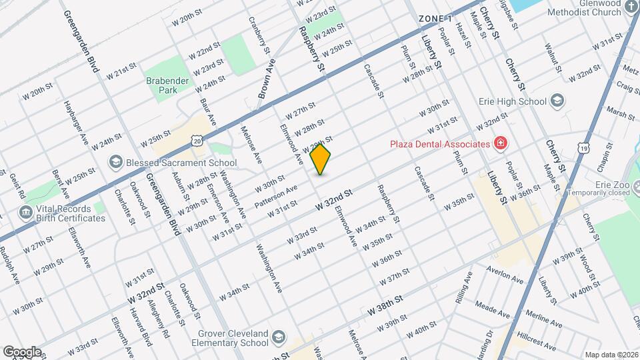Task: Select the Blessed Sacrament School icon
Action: point(115,163)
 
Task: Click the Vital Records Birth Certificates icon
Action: point(25,213)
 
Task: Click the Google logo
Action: point(22,351)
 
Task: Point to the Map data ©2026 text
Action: point(611,355)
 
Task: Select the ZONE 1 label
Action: point(435,18)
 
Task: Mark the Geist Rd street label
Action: point(17,186)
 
